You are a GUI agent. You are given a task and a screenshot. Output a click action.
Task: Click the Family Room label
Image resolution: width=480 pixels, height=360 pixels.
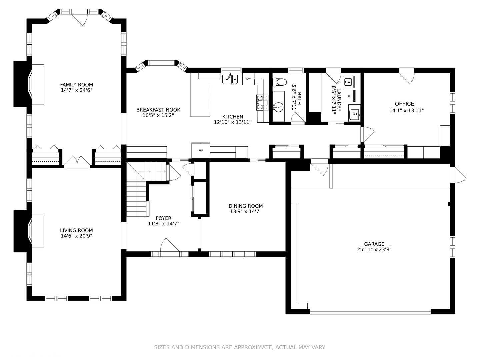pos(76,85)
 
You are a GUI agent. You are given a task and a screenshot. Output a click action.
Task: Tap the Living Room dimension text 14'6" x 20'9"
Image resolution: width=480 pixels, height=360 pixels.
pos(76,236)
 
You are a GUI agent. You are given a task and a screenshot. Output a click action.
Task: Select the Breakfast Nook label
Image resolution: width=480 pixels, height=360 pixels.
pos(158,110)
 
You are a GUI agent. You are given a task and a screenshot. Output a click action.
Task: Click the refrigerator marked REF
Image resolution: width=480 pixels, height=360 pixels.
pos(201,150)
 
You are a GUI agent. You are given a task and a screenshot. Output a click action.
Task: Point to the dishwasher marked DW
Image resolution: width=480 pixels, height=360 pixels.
pos(248,79)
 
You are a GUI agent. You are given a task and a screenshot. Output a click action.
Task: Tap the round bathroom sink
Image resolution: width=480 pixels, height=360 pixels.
pos(278,107)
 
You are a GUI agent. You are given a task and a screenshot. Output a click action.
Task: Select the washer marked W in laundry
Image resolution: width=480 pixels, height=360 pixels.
pos(349,82)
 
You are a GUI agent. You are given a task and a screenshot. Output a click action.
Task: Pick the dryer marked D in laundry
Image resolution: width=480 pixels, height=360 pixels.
pos(349,96)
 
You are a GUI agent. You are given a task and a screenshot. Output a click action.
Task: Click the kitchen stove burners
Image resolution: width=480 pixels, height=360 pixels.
pos(262,103)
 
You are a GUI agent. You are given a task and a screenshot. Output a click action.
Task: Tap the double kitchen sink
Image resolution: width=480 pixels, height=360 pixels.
pos(230,79)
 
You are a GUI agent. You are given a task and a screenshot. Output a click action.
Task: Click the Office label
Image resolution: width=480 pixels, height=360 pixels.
pos(404,104)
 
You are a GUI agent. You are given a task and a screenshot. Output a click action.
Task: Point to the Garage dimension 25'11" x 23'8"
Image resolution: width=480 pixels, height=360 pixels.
pos(374,249)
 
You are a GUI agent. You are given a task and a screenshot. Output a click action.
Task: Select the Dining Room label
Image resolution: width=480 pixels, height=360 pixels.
pos(246,206)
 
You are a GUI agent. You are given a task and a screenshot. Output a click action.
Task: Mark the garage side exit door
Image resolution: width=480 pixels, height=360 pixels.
pos(459,175)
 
